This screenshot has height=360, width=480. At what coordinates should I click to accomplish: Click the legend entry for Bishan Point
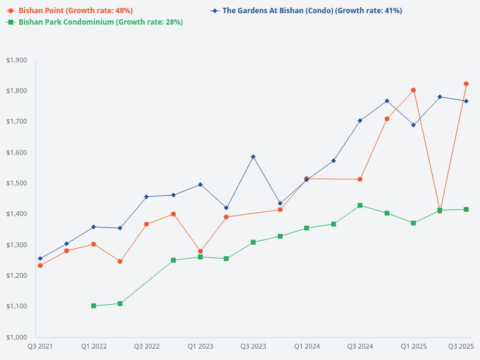click(76, 11)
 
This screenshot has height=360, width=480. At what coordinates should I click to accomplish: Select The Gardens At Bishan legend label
click(312, 11)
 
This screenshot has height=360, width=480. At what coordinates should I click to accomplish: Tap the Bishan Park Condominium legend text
click(101, 22)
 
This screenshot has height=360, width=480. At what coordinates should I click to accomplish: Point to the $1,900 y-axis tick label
click(17, 60)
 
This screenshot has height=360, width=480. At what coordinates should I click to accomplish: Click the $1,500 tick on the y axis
click(17, 183)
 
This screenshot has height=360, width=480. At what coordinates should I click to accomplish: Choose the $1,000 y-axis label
click(17, 337)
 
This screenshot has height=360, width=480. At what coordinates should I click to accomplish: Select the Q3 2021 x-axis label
click(40, 346)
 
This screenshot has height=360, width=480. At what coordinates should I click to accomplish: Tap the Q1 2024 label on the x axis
click(307, 346)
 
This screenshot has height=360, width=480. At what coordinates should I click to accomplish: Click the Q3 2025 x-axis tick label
click(461, 346)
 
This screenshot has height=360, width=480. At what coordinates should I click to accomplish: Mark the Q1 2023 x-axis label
click(200, 346)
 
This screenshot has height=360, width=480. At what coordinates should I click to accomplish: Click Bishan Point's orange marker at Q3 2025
click(466, 84)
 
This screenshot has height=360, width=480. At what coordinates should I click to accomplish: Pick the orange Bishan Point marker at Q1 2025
click(413, 90)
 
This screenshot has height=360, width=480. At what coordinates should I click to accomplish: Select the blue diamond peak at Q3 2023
click(253, 157)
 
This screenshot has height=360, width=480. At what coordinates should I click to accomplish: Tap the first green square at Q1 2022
click(94, 306)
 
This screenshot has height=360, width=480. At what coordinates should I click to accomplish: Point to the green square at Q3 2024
click(360, 205)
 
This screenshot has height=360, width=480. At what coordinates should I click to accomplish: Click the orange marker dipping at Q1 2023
click(200, 251)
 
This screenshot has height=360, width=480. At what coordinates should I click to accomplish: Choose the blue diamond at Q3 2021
click(40, 259)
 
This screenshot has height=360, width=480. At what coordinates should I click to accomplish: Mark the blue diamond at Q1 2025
click(413, 125)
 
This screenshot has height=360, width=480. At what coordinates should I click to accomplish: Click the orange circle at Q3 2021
click(40, 265)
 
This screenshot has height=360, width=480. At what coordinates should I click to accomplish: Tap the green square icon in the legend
click(11, 22)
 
